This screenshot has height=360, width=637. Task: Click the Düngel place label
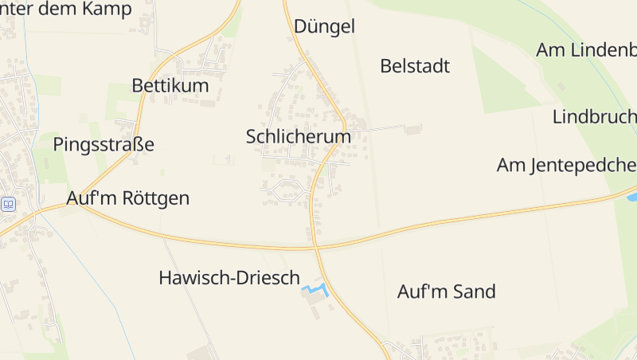coord(324,26)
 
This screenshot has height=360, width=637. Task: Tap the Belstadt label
coord(415,66)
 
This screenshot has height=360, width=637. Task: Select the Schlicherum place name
coord(299,137)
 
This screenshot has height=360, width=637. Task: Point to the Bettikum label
coord(170,85)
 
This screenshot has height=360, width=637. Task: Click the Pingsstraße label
coord(104,144)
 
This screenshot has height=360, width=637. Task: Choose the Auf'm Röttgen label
coord(129,198)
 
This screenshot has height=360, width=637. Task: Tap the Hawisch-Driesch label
coord(229,278)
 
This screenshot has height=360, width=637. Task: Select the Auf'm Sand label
coord(447,292)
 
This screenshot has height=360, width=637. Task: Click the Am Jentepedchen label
coord(566,166)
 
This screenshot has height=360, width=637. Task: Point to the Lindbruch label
coord(594,117)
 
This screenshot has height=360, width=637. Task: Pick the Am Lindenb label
coord(587,49)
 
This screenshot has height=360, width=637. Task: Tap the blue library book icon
coord(8,204)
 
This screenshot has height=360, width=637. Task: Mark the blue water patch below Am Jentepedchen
coord(631,196)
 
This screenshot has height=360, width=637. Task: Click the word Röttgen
coord(156,198)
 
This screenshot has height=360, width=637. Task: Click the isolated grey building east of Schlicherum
coord(412,129)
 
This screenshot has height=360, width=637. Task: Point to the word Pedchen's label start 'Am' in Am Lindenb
coord(549,49)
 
